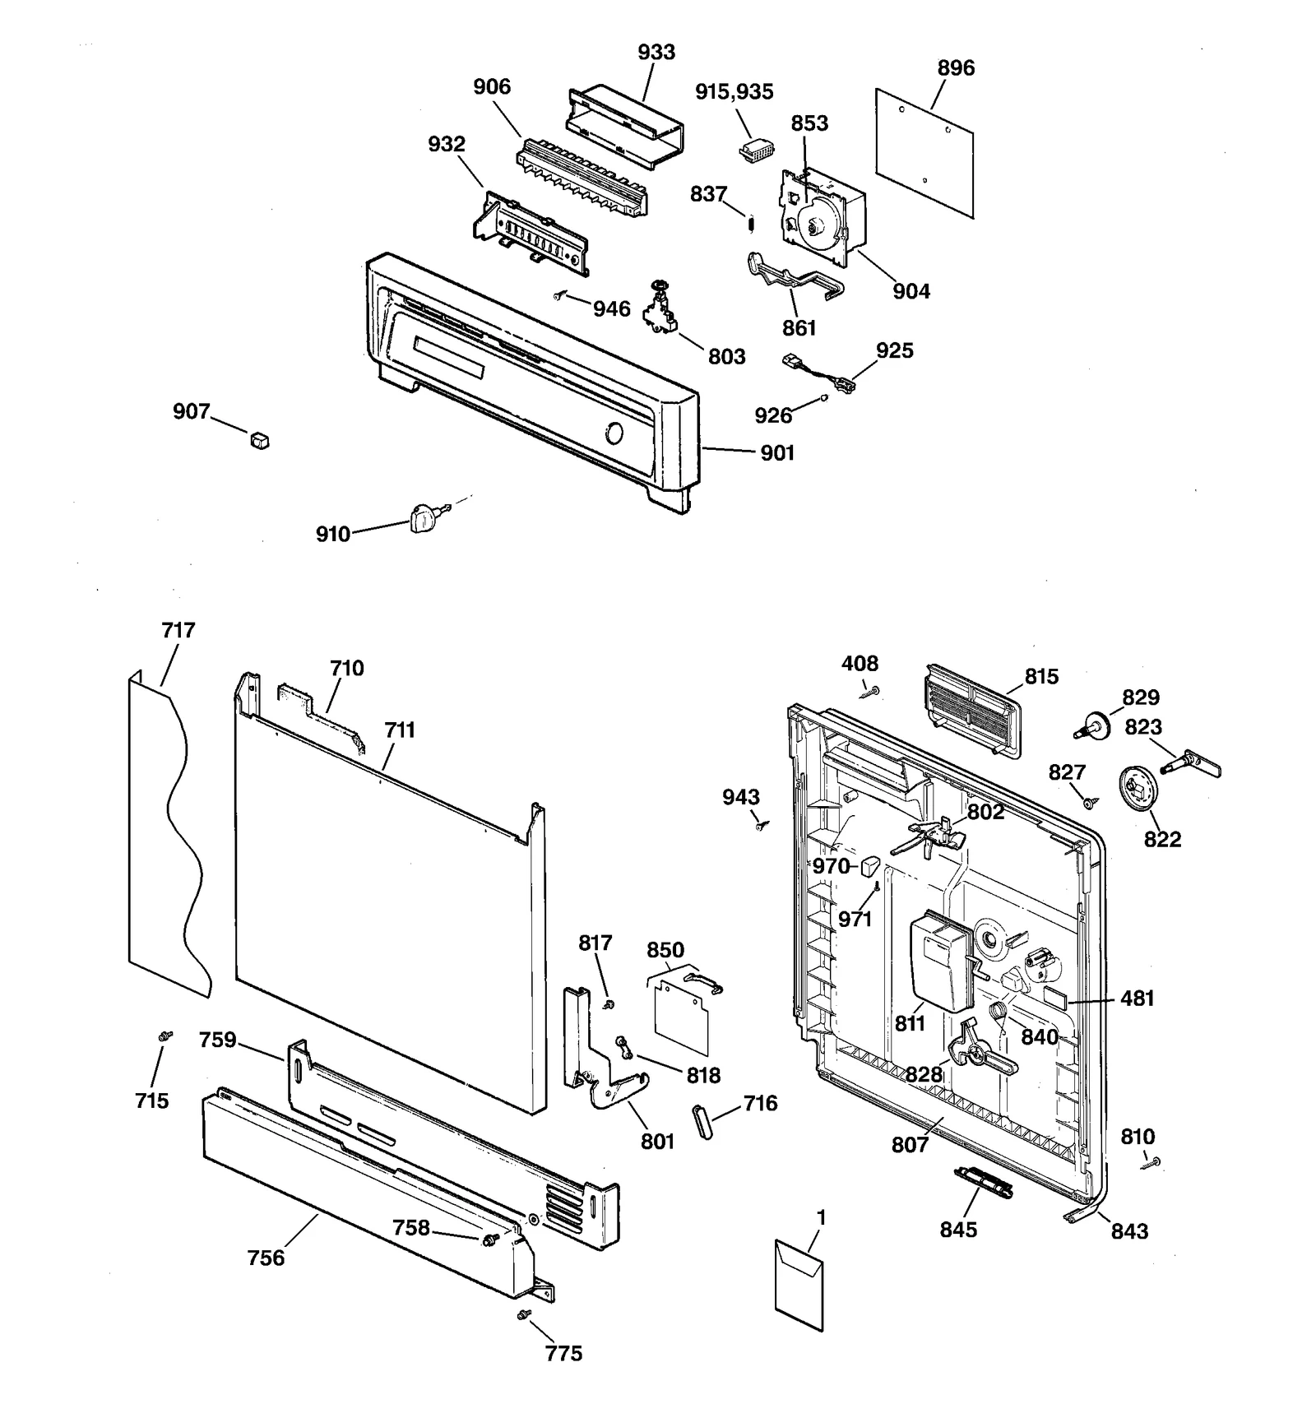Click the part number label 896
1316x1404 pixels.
(x=956, y=67)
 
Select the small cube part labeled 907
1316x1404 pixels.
(x=260, y=441)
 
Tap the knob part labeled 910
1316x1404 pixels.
(x=420, y=518)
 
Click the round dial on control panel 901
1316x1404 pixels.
(x=614, y=433)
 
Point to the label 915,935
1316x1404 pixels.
(x=734, y=91)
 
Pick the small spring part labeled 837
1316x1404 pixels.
(x=750, y=223)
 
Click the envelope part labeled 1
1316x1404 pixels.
(x=799, y=1286)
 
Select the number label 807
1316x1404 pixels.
(x=909, y=1144)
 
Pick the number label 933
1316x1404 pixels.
(x=656, y=52)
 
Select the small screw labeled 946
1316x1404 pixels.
(x=560, y=294)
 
